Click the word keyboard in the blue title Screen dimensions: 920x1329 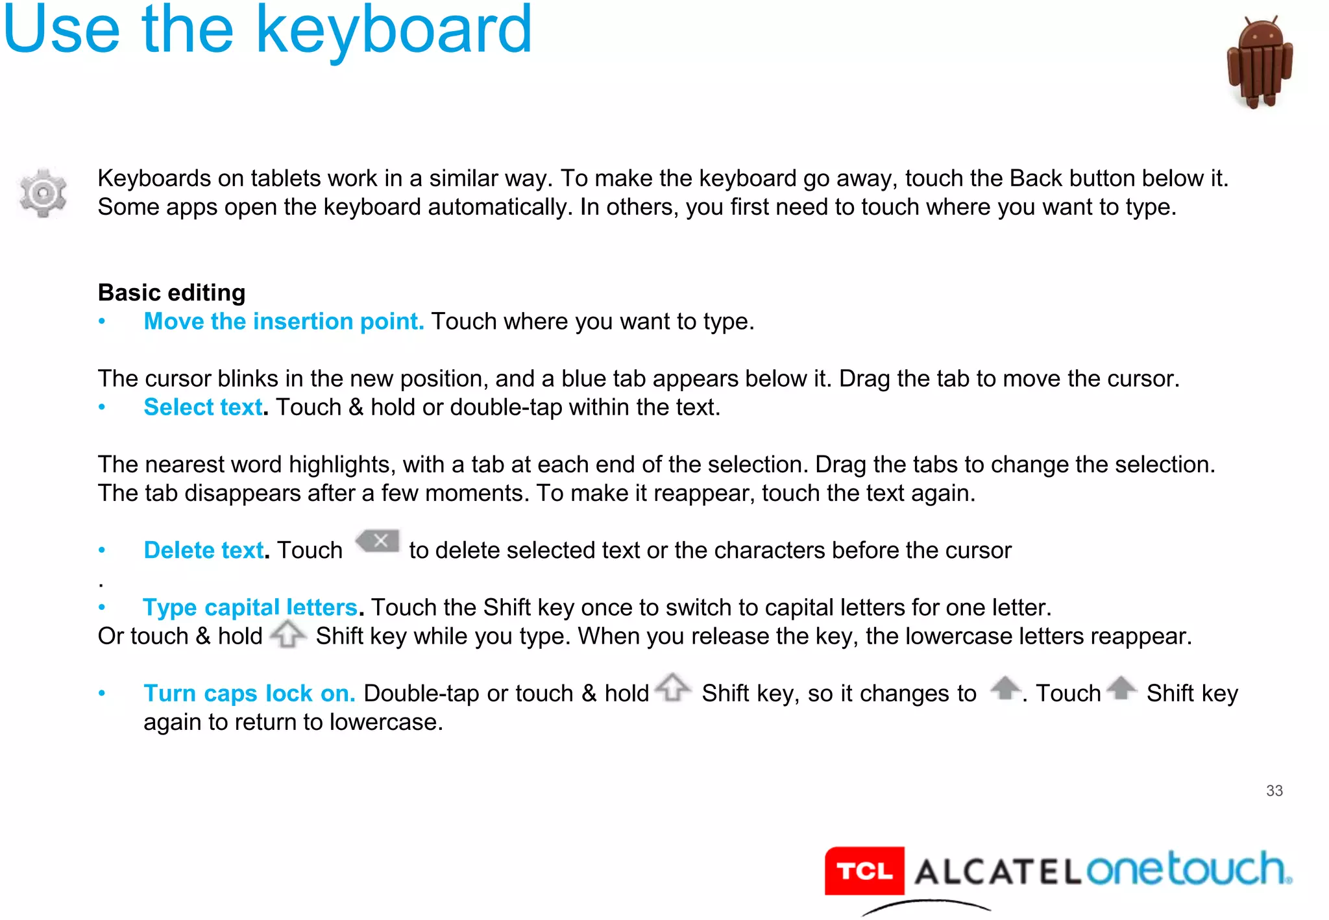coord(394,31)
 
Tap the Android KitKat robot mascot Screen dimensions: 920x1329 coord(1260,63)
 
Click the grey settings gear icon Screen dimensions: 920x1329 coord(43,193)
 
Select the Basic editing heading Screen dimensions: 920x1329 coord(171,293)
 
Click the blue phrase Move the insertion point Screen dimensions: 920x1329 coord(284,322)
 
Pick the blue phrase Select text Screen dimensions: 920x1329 coord(203,407)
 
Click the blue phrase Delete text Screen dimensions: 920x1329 coord(204,550)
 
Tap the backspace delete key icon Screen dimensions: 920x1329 coord(378,541)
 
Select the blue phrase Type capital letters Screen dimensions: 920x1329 coord(250,607)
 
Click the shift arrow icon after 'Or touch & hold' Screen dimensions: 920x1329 coord(287,634)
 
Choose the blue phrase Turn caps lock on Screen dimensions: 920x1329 coord(249,694)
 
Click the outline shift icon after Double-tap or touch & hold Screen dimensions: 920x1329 coord(673,687)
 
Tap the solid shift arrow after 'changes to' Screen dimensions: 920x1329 coord(1005,688)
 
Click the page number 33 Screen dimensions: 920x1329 coord(1274,791)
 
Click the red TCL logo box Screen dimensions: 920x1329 coord(864,871)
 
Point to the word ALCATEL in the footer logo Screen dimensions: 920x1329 coord(997,872)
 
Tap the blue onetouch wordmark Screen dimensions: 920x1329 coord(1188,869)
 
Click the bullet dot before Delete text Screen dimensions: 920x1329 coord(102,550)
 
